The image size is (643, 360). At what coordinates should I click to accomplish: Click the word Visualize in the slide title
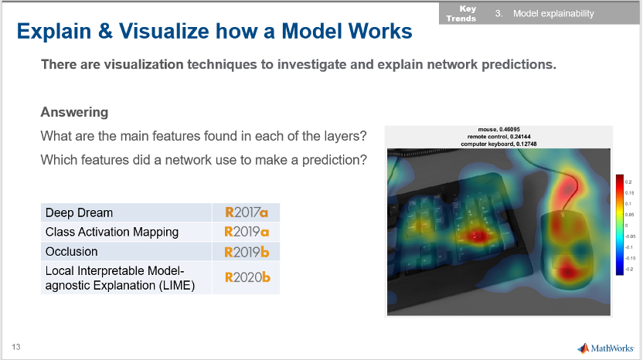click(x=164, y=31)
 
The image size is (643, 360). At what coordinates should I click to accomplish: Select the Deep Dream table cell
click(x=126, y=212)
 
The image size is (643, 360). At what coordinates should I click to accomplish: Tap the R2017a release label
click(x=247, y=212)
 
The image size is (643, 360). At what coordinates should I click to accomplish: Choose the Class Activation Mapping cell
click(x=126, y=232)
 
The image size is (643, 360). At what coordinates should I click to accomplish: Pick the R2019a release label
click(x=247, y=232)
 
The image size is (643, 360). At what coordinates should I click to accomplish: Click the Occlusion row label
click(x=71, y=251)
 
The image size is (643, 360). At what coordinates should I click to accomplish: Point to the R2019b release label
click(x=247, y=252)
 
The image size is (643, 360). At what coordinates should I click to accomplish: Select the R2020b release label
click(x=247, y=277)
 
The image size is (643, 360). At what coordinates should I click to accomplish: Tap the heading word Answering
click(x=74, y=112)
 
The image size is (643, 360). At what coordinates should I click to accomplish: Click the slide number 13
click(x=16, y=347)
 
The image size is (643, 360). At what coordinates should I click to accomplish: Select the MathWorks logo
click(x=605, y=348)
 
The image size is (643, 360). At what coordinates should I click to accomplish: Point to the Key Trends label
click(x=461, y=14)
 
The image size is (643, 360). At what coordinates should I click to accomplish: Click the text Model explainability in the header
click(x=553, y=14)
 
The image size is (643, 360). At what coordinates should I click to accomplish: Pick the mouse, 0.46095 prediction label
click(x=498, y=129)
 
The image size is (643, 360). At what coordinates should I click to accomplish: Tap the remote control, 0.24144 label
click(x=498, y=137)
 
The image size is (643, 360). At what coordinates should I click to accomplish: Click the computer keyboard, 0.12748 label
click(x=498, y=144)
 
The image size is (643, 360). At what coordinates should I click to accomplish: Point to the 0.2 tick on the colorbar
click(x=628, y=182)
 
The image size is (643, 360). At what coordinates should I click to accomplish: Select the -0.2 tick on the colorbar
click(x=629, y=269)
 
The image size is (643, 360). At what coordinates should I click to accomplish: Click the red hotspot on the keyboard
click(x=478, y=236)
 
